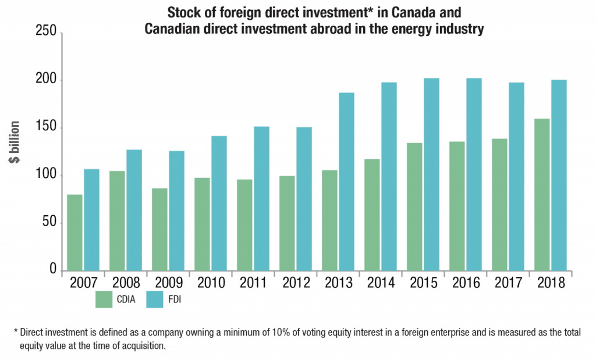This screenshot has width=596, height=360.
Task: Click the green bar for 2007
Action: (74, 232)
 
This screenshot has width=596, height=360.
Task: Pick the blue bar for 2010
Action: (219, 203)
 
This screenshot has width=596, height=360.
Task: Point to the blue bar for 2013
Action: (346, 181)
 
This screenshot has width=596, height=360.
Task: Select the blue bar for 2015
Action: (431, 174)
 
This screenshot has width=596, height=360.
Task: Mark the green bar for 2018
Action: (542, 194)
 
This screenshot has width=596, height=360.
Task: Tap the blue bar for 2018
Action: (559, 174)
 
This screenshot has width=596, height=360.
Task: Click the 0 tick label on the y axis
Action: (52, 270)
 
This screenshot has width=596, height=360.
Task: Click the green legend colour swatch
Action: (104, 299)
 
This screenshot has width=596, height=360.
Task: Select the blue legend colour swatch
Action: (154, 299)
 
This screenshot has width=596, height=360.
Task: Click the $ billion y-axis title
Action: (16, 143)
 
